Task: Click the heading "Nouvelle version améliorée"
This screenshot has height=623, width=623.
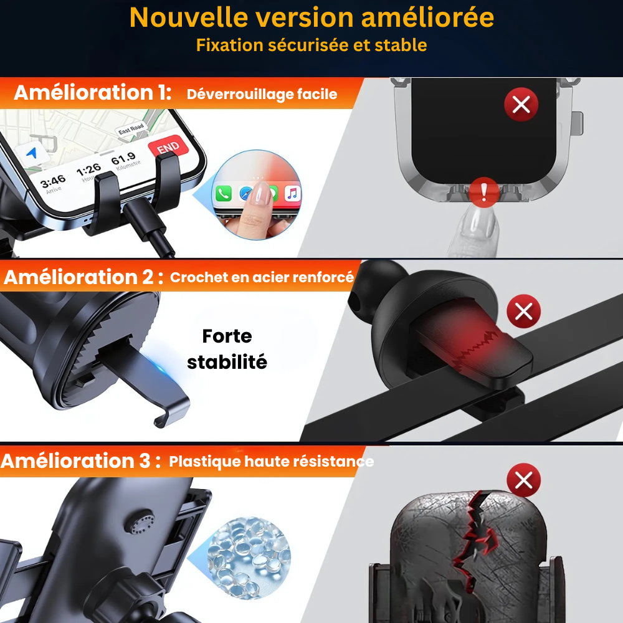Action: (311, 17)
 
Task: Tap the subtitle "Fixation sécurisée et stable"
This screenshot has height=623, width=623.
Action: (311, 45)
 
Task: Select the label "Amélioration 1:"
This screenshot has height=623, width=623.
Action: (92, 93)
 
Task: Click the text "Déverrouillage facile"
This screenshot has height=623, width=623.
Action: (262, 95)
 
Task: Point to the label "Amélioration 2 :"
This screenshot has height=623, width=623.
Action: (83, 277)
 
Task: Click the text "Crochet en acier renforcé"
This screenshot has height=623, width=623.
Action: (262, 278)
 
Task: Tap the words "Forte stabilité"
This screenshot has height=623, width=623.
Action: (227, 349)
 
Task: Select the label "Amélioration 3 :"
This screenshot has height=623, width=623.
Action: (81, 461)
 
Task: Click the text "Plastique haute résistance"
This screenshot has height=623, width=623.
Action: (271, 462)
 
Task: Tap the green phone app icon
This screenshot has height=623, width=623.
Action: (224, 194)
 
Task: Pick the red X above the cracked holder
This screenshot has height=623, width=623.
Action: (523, 480)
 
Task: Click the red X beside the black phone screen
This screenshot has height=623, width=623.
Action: (521, 104)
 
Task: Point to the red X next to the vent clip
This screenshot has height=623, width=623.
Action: (523, 310)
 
